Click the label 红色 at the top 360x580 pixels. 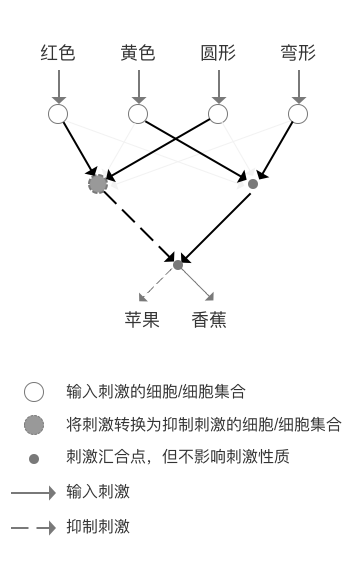point(58,53)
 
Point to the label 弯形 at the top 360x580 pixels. point(297,53)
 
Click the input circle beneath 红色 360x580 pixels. point(58,114)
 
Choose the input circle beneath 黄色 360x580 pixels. point(137,114)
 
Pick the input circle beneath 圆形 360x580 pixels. point(217,114)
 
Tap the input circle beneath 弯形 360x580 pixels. point(297,114)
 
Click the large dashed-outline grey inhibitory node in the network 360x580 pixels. point(97,184)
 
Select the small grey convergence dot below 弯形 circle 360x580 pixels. point(252,184)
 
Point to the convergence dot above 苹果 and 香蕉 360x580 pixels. point(178,265)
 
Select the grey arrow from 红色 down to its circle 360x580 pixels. point(58,85)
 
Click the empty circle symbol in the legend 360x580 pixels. point(33,391)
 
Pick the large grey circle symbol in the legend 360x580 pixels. point(33,425)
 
